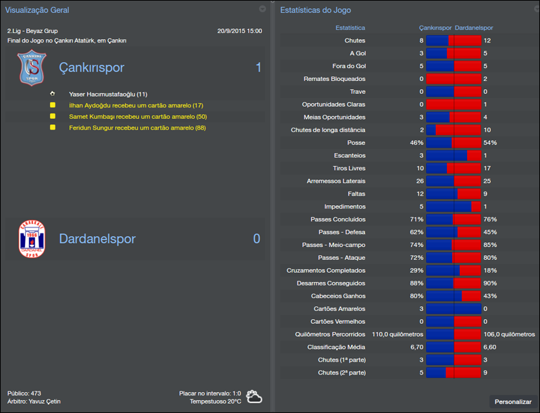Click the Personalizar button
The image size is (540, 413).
(x=513, y=402)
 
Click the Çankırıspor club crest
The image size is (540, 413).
(x=30, y=69)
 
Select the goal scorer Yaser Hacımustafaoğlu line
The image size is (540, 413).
(x=108, y=94)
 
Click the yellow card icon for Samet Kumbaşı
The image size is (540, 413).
(x=53, y=117)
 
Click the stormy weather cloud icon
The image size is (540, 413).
(x=254, y=397)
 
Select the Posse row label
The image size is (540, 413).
(x=355, y=143)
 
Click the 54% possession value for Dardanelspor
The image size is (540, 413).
(x=490, y=143)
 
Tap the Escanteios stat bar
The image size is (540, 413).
(x=454, y=155)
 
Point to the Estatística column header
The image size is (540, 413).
(x=350, y=28)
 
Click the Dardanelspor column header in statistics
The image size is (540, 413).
(x=474, y=28)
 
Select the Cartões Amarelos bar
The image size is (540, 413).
(x=454, y=308)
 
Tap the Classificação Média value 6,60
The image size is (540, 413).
(x=491, y=347)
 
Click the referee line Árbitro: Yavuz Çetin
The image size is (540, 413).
(x=34, y=402)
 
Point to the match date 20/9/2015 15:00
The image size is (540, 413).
(x=240, y=31)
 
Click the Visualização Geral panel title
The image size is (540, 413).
(x=37, y=10)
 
